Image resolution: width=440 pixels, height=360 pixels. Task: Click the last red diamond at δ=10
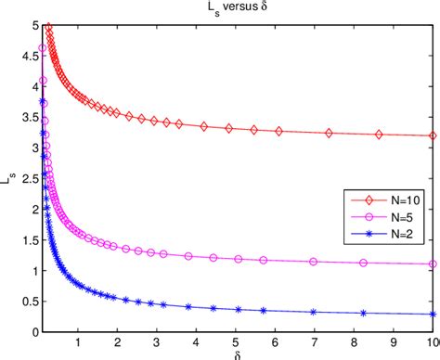pos(433,135)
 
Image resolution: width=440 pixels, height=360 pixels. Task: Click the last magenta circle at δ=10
pos(433,264)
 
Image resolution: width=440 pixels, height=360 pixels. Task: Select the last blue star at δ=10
pos(433,314)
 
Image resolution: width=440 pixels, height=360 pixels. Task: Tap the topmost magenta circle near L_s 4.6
pos(42,48)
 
